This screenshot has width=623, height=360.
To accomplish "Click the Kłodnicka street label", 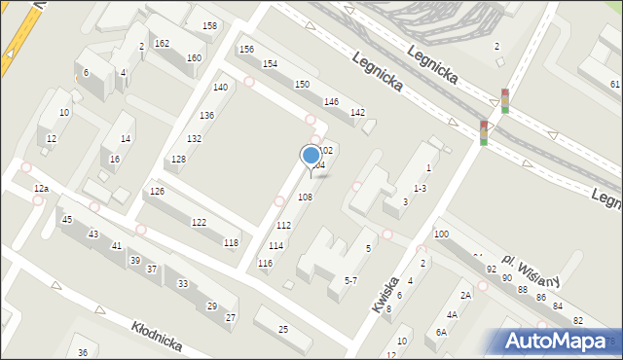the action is [x=155, y=331].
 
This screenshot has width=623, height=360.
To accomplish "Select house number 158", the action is [x=209, y=25].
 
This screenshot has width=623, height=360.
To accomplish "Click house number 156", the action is [x=246, y=50].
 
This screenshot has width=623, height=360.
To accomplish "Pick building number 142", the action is [x=357, y=113].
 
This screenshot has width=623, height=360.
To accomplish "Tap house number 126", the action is [x=157, y=191].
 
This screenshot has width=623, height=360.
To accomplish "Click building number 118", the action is [x=231, y=242].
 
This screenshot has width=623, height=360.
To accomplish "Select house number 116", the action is [x=265, y=264].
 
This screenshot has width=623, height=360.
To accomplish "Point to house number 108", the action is [x=305, y=198].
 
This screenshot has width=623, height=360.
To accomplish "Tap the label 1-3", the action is [x=420, y=188].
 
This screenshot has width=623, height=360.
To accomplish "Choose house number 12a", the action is [x=40, y=188].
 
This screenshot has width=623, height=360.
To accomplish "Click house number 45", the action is [x=66, y=220].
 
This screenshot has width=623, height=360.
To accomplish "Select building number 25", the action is [x=282, y=329].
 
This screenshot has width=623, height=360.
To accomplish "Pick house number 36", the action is [x=83, y=352].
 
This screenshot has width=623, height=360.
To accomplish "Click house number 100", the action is [x=441, y=234].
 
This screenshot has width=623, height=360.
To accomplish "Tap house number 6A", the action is [x=441, y=332].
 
